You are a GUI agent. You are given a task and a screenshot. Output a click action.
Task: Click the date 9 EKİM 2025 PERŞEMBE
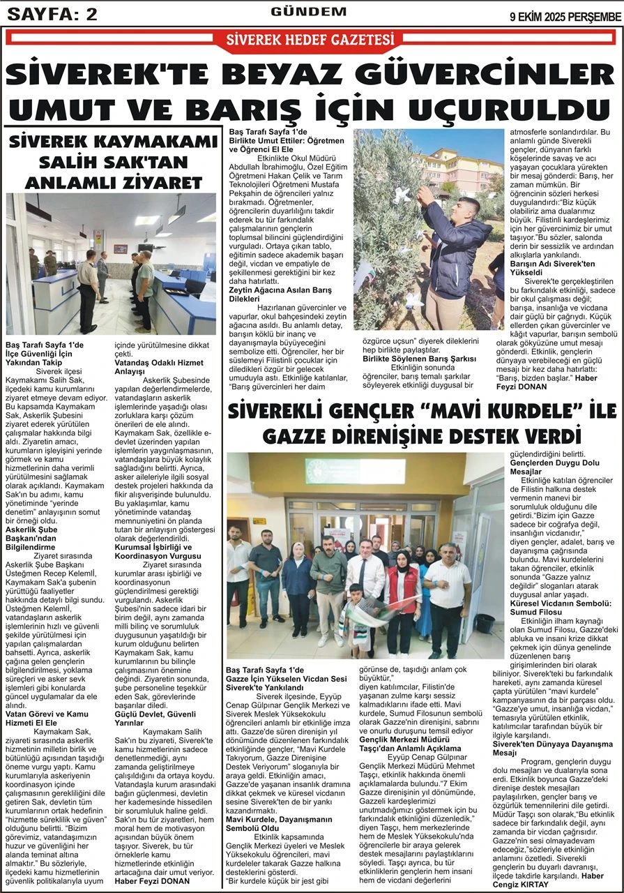pyautogui.click(x=565, y=15)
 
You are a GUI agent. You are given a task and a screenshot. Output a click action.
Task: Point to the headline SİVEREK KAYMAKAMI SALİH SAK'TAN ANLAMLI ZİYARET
pyautogui.click(x=114, y=163)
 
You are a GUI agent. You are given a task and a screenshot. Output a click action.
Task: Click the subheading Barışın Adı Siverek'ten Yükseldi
pyautogui.click(x=551, y=269)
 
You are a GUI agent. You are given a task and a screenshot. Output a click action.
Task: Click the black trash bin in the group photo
pyautogui.click(x=484, y=623)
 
